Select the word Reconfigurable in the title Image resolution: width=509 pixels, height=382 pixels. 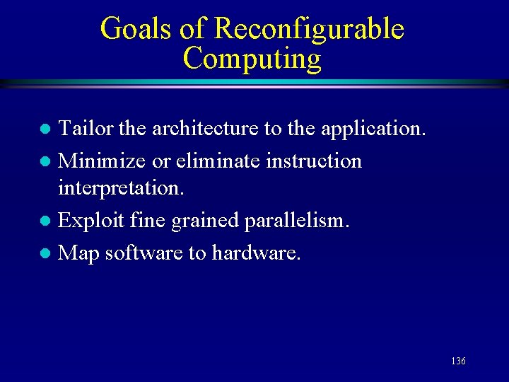pyautogui.click(x=308, y=29)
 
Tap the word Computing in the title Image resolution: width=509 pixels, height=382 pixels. pyautogui.click(x=252, y=58)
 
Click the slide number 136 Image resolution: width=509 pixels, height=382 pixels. pyautogui.click(x=458, y=361)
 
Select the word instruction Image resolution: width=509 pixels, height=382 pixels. pyautogui.click(x=314, y=161)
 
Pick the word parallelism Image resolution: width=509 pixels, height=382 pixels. pyautogui.click(x=297, y=221)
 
